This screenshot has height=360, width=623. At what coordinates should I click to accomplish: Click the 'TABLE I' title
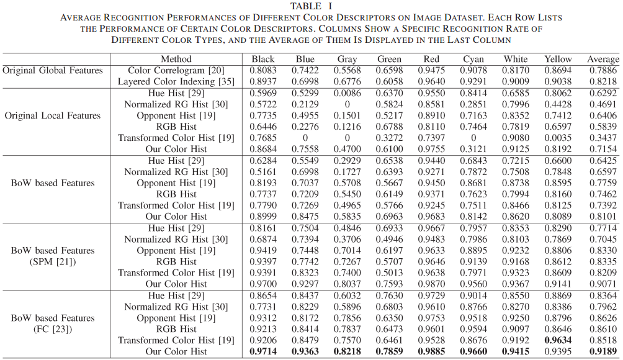pos(311,6)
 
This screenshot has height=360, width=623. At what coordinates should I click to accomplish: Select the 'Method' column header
pos(176,60)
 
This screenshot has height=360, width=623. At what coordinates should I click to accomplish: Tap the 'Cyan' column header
pos(473,60)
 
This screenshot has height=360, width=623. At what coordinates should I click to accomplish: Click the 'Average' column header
pos(603,60)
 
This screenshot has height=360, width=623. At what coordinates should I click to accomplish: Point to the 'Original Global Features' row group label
pos(52,71)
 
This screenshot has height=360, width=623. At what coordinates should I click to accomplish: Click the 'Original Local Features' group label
pos(52,115)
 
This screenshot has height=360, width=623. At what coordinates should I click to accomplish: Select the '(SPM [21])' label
pos(53,261)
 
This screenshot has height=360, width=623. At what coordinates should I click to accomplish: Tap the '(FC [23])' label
pos(53,328)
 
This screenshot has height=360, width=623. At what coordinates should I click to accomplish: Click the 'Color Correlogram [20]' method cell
pos(176,71)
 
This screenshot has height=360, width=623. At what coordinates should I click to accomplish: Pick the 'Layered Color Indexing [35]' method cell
pos(176,82)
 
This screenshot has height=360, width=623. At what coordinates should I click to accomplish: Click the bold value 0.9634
pos(558,340)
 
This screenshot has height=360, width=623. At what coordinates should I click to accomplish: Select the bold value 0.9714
pos(263,351)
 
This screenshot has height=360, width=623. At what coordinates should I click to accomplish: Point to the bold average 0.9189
pos(603,351)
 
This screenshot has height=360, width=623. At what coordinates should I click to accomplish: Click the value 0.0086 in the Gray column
pos(347,93)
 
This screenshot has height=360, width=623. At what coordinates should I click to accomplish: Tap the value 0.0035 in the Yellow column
pos(558,138)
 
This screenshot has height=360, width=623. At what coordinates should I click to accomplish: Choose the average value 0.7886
pos(603,71)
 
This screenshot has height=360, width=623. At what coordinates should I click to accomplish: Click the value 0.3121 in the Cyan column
pos(473,149)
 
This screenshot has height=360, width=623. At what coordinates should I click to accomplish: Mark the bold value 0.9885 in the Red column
pos(432,351)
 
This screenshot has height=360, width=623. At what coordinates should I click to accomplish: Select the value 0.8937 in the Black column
pos(263,82)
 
